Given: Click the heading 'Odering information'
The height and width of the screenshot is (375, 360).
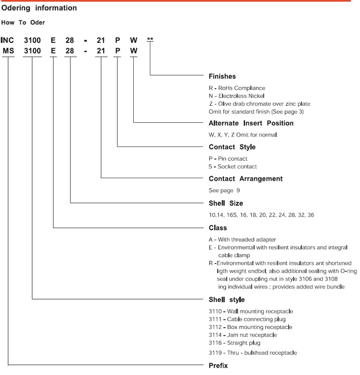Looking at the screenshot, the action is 39,8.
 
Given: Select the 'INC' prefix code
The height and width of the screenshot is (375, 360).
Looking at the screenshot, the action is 7,40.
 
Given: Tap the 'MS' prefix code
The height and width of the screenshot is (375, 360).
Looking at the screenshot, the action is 9,51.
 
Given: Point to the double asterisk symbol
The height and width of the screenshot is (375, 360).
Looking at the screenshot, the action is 150,39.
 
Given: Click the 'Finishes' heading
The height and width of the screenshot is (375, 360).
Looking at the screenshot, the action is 222,77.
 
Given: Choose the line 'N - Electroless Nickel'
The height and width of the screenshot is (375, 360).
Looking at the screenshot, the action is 236,96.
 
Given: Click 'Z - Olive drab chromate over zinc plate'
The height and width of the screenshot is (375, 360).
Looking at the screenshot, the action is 259,104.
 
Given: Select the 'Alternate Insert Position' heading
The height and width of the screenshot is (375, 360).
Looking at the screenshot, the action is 251,123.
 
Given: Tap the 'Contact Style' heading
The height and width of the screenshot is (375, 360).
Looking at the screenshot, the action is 232,147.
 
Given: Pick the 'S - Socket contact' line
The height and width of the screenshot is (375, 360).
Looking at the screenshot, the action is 233,167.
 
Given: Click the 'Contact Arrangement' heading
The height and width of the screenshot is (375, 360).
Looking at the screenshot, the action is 245,179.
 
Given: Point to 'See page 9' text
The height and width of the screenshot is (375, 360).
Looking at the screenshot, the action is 224,190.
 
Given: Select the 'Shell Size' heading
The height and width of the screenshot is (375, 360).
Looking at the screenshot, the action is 226,203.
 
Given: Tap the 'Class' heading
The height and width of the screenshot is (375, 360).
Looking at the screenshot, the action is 218,228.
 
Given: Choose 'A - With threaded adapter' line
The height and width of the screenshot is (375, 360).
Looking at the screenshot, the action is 242,240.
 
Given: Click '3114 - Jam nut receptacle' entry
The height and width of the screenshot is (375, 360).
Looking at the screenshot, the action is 243,335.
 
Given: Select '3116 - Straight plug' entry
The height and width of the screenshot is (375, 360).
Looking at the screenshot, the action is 234,343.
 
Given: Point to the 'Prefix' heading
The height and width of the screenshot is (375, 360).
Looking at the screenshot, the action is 218,365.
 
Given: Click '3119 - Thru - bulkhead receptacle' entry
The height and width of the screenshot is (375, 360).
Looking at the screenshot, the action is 253,353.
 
